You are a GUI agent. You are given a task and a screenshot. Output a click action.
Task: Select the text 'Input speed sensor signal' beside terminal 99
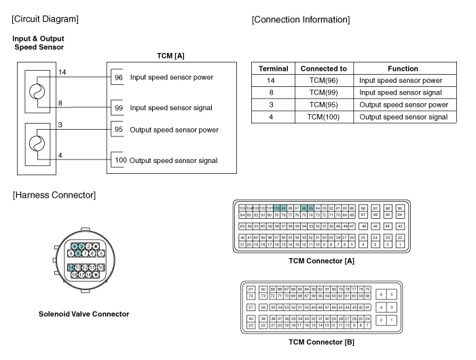[x=171, y=108]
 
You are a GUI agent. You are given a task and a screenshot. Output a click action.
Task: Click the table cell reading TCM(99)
[x=323, y=92]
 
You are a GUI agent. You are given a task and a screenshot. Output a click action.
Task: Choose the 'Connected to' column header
[x=323, y=69]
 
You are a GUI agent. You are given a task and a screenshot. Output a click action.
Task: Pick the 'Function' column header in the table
[x=403, y=69]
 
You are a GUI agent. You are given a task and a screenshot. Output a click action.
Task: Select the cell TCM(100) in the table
[x=323, y=117]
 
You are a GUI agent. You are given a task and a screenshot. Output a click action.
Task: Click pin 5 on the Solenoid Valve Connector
[x=101, y=253]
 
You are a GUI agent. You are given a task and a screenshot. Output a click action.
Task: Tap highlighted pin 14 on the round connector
[x=71, y=268]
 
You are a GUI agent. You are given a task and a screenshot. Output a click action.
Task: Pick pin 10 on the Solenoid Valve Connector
[x=100, y=268]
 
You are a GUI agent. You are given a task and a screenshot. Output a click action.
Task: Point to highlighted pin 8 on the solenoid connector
[x=78, y=253]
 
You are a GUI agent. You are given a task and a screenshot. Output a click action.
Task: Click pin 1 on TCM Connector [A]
[x=400, y=244]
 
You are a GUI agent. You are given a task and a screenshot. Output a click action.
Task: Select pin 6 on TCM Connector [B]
[x=382, y=294]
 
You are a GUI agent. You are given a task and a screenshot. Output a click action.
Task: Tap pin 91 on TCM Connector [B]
[x=251, y=289]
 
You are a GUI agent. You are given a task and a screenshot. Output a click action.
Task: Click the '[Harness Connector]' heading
[x=54, y=196]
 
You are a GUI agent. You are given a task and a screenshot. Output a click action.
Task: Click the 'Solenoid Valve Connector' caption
[x=84, y=314]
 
